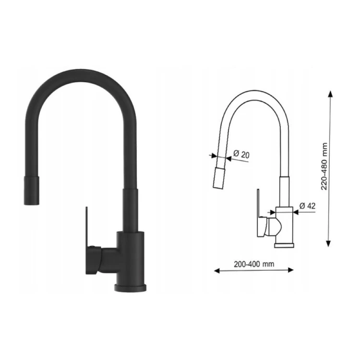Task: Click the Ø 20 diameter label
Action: pos(241,154)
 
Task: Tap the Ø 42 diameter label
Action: pos(308,206)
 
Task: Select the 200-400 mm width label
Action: pos(254,264)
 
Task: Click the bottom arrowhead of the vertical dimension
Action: pos(328,243)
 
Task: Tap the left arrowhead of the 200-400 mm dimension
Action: pos(217,271)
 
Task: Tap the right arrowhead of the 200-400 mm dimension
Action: pos(290,270)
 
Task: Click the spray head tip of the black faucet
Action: pos(32,190)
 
